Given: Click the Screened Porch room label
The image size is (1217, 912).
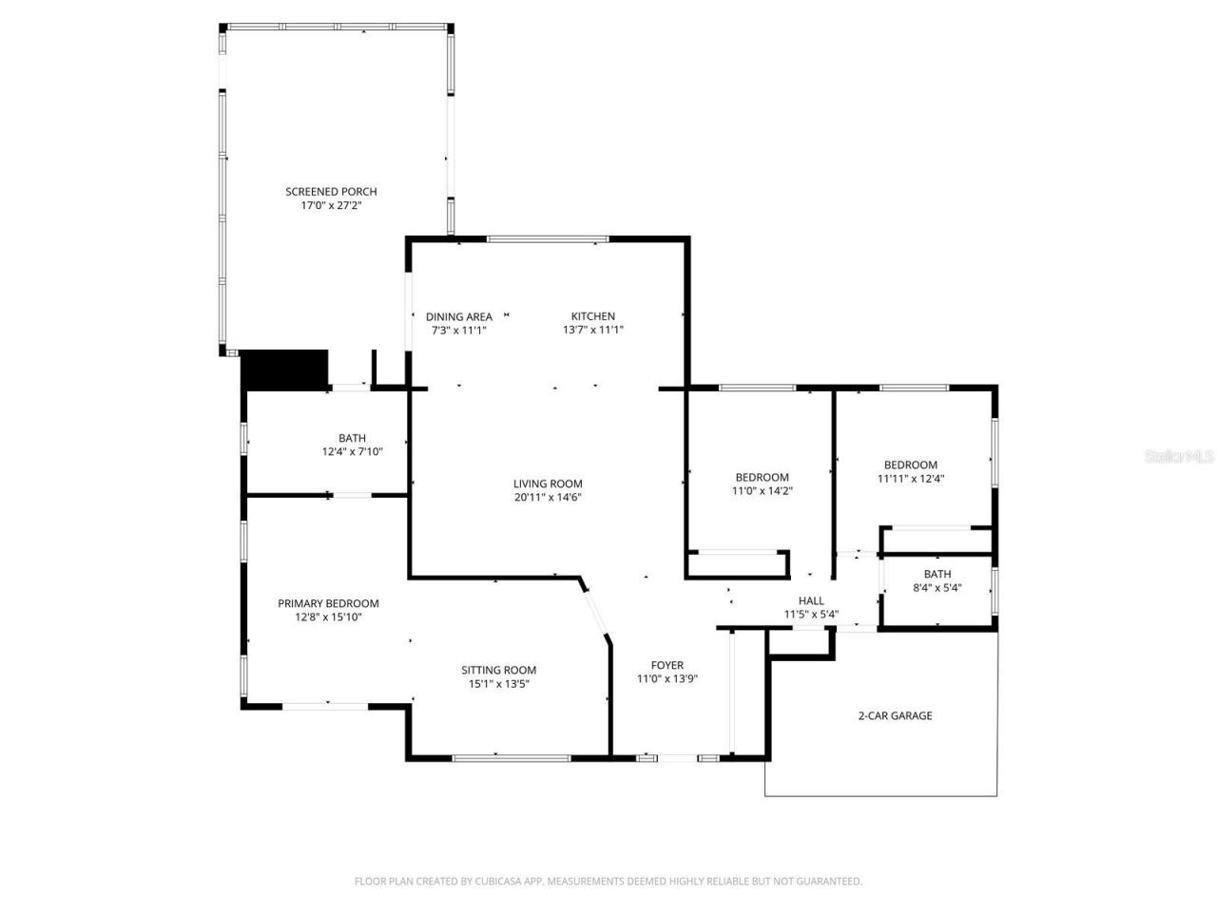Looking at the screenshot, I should click(x=331, y=192).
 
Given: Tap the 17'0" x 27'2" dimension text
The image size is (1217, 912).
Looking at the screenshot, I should click(x=331, y=205).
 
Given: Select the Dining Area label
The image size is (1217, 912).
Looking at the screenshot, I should click(x=458, y=317).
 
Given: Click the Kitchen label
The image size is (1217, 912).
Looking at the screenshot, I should click(x=592, y=317).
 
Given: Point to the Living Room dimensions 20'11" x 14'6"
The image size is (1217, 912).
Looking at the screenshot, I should click(x=548, y=497).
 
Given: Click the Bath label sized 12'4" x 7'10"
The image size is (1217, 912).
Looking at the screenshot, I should click(x=352, y=439).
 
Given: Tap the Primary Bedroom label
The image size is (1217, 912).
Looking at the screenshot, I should click(x=328, y=603).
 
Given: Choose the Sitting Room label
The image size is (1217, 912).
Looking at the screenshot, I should click(x=499, y=670).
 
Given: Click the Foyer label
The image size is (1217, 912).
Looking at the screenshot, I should click(x=666, y=665).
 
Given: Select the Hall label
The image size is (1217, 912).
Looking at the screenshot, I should click(x=811, y=600).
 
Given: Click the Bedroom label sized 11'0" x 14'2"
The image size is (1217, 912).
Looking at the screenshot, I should click(x=762, y=478).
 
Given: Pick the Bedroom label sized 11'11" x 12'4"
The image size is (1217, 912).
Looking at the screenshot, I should click(x=910, y=465).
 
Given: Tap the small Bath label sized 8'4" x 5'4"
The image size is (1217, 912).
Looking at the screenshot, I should click(x=937, y=574).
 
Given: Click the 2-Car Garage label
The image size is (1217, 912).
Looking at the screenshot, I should click(x=895, y=715).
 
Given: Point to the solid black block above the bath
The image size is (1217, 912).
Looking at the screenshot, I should click(x=284, y=370).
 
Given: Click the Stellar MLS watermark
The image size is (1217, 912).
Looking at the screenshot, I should click(x=1179, y=456).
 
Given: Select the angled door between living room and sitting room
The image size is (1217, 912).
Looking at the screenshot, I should click(x=596, y=610).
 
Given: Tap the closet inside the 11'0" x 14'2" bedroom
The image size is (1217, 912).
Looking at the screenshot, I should click(x=737, y=564).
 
